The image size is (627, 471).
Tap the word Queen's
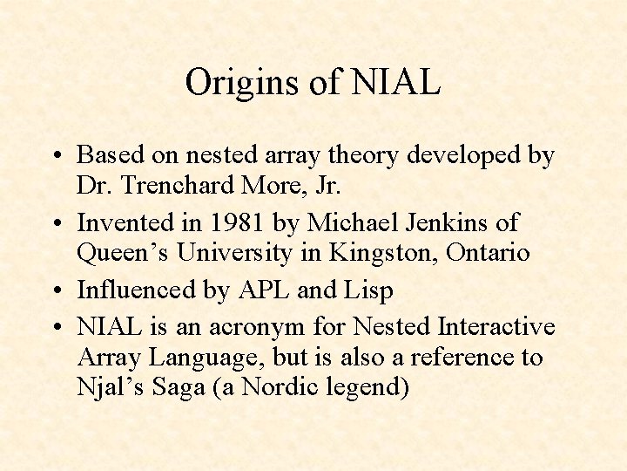click(x=123, y=254)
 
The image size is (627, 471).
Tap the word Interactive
click(x=496, y=327)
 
